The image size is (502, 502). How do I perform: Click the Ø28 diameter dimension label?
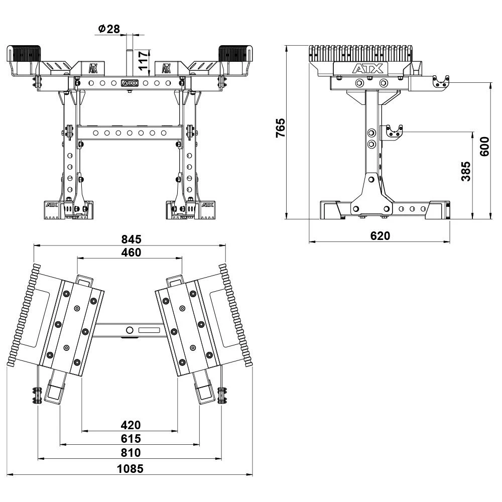coord(109,29)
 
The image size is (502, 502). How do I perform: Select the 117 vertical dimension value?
coord(143,60)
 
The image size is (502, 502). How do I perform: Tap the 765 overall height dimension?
coord(281,128)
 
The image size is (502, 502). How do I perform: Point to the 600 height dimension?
coord(485,146)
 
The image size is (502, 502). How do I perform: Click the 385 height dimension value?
coord(466,171)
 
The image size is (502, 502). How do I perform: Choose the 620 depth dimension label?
coord(380,236)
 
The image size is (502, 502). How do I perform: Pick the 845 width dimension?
coord(131,239)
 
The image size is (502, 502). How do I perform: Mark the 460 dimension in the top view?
coord(131,253)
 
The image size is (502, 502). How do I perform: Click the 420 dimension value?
coord(131,425)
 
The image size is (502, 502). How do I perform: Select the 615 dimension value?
coord(131,439)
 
